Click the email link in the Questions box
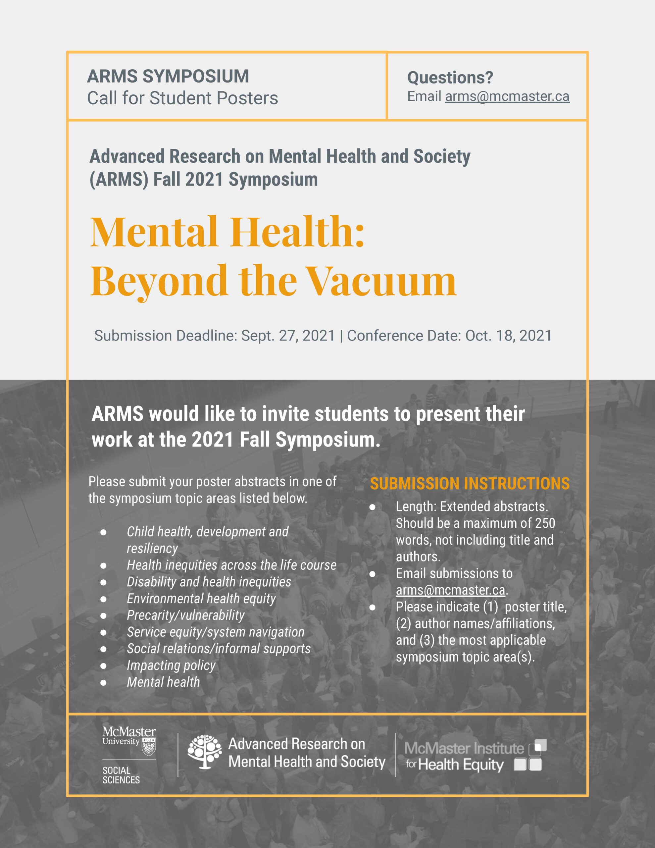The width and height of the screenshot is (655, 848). click(507, 96)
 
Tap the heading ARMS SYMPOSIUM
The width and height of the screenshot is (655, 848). click(168, 76)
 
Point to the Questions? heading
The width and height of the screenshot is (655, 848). click(450, 78)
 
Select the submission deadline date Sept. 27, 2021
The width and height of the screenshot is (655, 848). click(288, 336)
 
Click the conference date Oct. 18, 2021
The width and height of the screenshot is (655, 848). click(508, 336)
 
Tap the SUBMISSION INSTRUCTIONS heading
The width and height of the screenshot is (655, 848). click(470, 483)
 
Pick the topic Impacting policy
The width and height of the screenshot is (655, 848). click(171, 665)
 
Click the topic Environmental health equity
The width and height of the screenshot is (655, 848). click(201, 598)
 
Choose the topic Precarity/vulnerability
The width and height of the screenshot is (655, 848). click(185, 615)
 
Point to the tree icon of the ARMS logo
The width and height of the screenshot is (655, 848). click(204, 752)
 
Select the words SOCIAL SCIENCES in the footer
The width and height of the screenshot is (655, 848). click(121, 775)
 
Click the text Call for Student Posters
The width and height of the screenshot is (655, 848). click(182, 98)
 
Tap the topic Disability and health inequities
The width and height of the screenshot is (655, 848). click(209, 582)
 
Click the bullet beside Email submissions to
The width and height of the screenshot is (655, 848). click(372, 573)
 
